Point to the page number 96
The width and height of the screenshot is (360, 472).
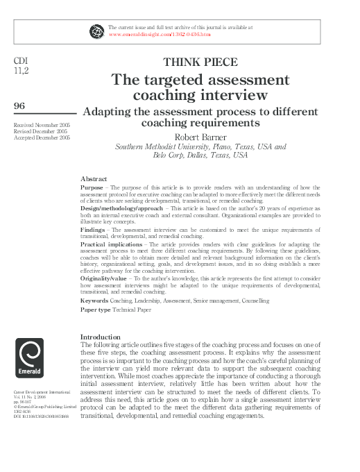tap(20, 105)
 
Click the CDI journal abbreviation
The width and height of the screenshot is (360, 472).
tap(21, 61)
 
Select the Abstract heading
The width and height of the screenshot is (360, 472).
tap(94, 179)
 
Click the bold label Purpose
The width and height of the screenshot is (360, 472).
tap(92, 187)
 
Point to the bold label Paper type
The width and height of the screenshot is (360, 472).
tap(96, 310)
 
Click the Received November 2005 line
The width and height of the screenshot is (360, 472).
tap(42, 124)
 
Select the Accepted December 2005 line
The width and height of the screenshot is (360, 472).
tap(42, 137)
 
